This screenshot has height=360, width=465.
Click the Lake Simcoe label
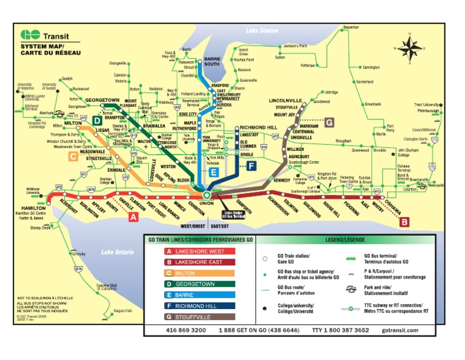click(x=262, y=30)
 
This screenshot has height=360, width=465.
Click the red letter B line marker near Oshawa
click(x=404, y=222)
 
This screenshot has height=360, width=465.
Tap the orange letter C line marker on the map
click(x=73, y=157)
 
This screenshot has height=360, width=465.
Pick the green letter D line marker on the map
click(x=97, y=121)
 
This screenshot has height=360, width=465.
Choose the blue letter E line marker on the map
click(x=214, y=173)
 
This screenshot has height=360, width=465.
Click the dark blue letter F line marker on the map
click(x=251, y=165)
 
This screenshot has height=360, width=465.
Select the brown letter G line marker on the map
click(x=329, y=122)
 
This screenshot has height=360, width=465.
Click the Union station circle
click(x=206, y=195)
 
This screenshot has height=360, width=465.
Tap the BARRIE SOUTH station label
click(x=212, y=61)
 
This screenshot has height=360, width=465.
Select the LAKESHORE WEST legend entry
click(x=191, y=251)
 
